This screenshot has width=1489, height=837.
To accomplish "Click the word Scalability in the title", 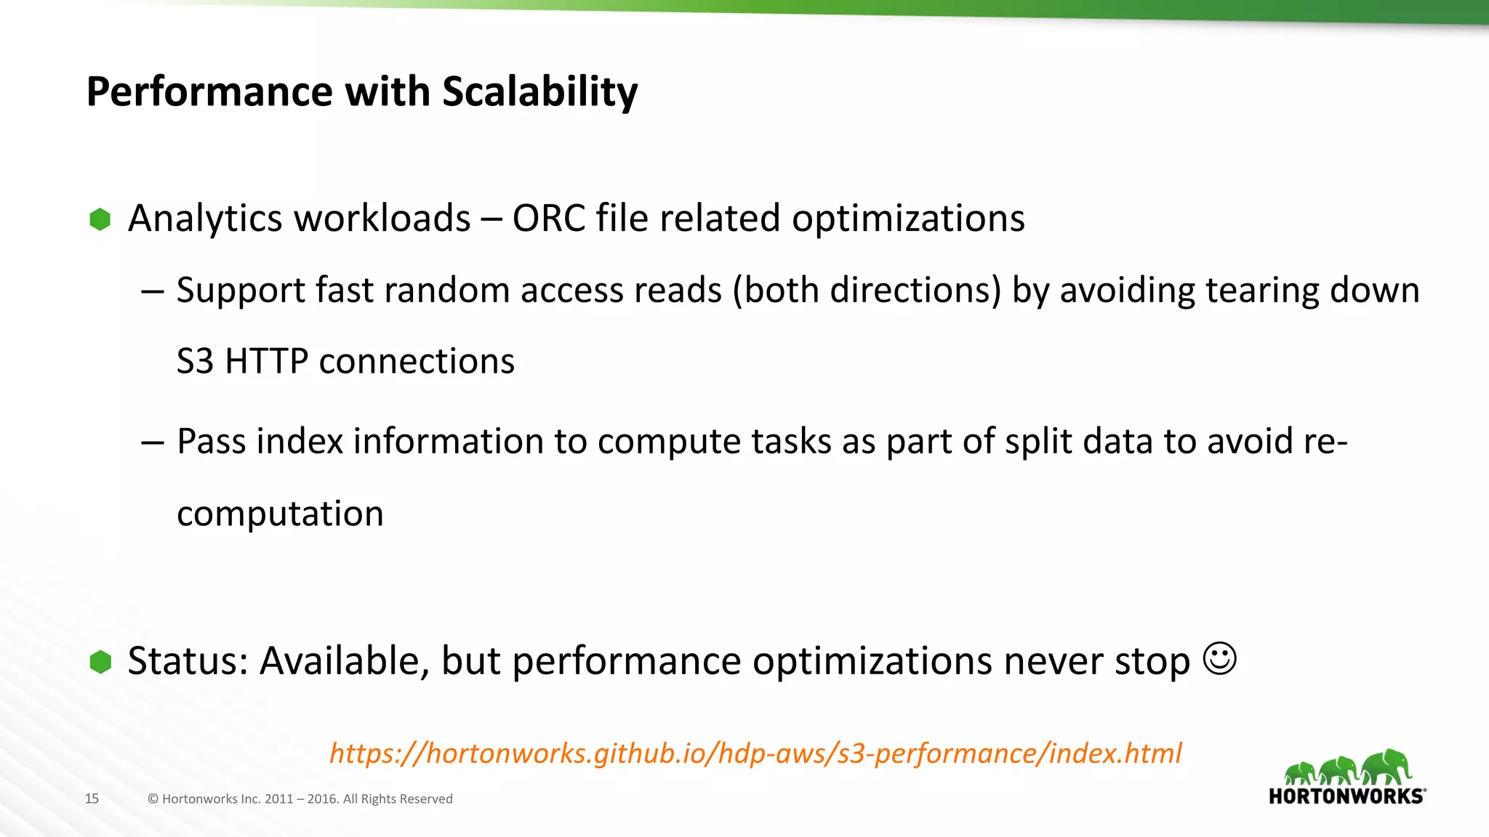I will [539, 92].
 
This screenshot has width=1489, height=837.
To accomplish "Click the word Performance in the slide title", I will [209, 92].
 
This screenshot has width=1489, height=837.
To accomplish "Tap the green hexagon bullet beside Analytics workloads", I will [100, 219].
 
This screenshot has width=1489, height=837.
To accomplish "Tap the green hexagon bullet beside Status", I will [100, 662].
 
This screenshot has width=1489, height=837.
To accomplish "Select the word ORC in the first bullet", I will [549, 219].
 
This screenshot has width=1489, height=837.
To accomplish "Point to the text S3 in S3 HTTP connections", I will [195, 362].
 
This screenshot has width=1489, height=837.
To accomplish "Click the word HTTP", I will [267, 362].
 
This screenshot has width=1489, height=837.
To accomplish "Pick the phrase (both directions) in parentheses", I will [867, 291].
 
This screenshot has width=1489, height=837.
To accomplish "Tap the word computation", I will [280, 514].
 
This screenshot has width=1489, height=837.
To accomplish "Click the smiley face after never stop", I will [1219, 658].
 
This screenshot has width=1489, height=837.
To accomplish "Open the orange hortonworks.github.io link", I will [755, 753].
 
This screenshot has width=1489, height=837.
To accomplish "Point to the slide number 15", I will [92, 798].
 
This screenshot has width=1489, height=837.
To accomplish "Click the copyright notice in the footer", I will [300, 798].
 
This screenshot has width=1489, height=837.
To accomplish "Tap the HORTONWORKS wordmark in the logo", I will [1346, 796].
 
